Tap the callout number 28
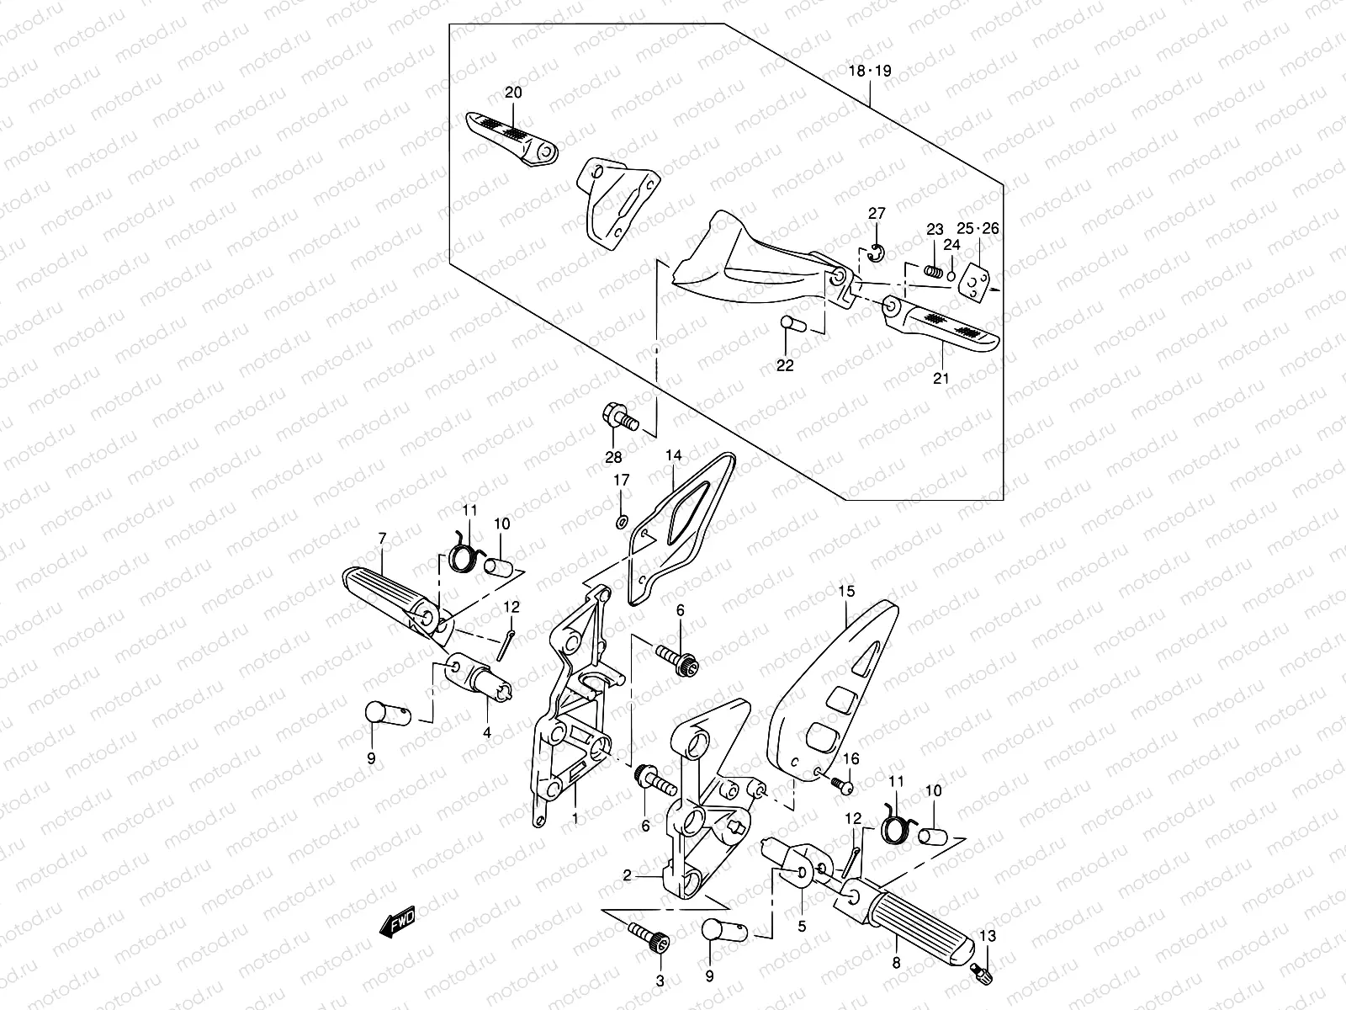click(x=613, y=457)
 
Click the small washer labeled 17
click(x=621, y=523)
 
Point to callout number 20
click(x=513, y=93)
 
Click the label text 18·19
click(x=869, y=72)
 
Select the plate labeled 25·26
click(x=976, y=280)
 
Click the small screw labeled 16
click(x=844, y=786)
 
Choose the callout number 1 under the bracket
click(x=575, y=817)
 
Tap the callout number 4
click(x=486, y=733)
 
